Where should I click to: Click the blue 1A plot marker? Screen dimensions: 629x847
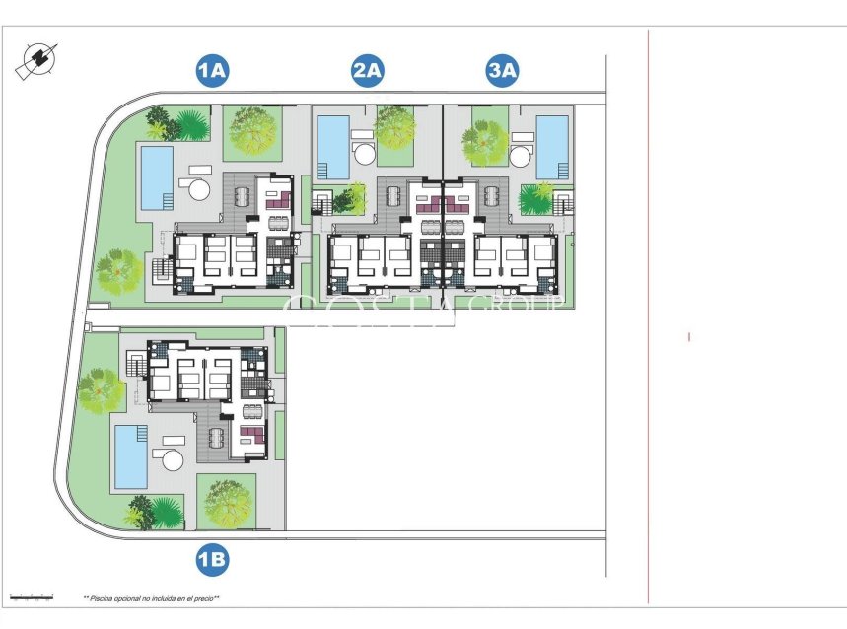212,70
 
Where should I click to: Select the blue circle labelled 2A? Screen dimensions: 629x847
367,70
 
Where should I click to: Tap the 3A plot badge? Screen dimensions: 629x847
503,70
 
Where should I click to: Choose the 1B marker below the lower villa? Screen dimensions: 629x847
212,561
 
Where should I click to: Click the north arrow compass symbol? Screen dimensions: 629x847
35,61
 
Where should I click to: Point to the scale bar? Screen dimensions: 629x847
31,596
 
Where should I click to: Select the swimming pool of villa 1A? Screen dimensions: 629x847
157,178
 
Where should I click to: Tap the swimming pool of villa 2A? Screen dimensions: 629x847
333,148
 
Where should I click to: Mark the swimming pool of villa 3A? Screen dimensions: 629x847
552,148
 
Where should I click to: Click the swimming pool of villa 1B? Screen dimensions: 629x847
131,456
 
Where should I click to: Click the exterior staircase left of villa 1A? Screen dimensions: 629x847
159,268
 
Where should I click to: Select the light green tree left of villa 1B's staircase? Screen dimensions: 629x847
101,390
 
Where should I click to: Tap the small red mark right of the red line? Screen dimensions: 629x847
689,337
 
